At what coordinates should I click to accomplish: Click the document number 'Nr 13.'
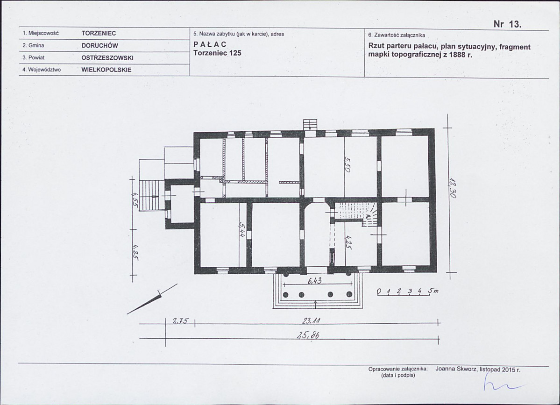tap(508, 24)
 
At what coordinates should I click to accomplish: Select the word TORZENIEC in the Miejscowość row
tap(99, 33)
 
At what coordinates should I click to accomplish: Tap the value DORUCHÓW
tap(99, 45)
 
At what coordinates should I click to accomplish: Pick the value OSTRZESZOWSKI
tap(107, 57)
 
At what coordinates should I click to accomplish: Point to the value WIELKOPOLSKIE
tap(106, 70)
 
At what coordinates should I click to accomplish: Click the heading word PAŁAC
tap(210, 44)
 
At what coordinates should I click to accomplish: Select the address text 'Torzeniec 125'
tap(217, 53)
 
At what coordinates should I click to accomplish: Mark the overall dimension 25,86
tap(308, 335)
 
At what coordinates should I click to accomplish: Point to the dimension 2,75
tap(180, 321)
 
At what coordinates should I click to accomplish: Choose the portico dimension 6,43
tap(314, 281)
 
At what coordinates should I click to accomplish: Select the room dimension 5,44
tap(242, 230)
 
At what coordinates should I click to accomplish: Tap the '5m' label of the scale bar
tap(433, 291)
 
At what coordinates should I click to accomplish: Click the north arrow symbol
tap(153, 299)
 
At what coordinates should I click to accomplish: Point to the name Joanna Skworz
tap(456, 369)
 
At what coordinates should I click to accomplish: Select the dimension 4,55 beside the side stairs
tap(135, 199)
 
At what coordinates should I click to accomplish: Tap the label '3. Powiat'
tap(34, 57)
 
